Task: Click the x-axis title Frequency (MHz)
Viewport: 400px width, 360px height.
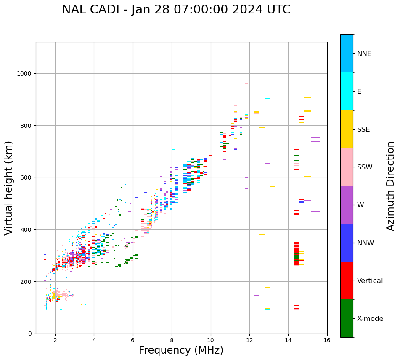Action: (x=181, y=350)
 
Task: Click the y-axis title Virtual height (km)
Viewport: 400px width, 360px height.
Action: (x=9, y=188)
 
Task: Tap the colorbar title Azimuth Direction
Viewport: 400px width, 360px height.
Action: (x=391, y=186)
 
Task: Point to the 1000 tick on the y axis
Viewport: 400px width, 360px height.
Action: (x=25, y=74)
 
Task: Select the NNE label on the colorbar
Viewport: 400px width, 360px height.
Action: (x=364, y=54)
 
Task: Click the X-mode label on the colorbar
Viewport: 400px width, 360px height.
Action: (x=370, y=319)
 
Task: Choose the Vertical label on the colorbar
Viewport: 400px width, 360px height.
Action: (x=370, y=281)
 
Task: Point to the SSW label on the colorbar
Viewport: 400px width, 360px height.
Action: (x=365, y=167)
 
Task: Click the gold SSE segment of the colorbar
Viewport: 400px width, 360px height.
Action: (x=347, y=129)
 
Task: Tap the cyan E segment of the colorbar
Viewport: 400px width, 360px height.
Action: (x=347, y=91)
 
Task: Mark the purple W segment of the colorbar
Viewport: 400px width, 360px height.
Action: (x=347, y=205)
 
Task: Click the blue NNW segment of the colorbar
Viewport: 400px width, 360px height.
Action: (x=347, y=243)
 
